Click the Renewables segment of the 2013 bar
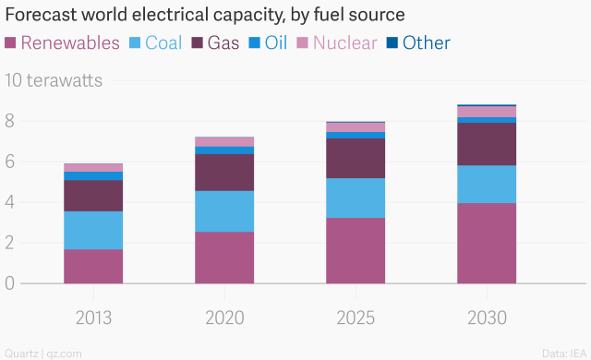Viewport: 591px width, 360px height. coord(93,266)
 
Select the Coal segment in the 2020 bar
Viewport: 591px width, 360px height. coord(224,211)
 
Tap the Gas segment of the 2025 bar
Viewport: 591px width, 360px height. coord(356,158)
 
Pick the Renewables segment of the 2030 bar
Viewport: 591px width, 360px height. coord(487,243)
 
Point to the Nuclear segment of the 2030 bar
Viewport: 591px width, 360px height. coord(487,112)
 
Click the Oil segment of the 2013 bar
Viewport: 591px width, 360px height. coord(93,175)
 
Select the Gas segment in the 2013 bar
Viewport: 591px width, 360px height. coord(93,196)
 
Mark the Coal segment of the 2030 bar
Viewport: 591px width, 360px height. coord(487,184)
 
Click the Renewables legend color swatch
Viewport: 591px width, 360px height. coord(12,43)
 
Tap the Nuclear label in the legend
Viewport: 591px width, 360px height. coord(345,43)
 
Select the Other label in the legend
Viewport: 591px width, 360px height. coord(427,43)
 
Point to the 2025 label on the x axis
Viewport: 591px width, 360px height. coord(356,318)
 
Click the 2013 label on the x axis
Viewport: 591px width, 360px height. coord(93,318)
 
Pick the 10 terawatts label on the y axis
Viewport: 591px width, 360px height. coord(54,80)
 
